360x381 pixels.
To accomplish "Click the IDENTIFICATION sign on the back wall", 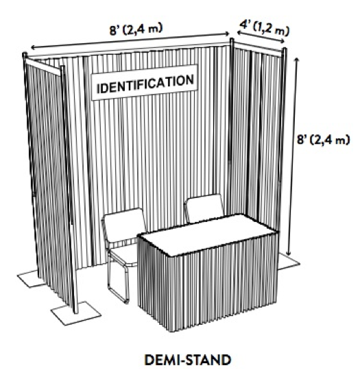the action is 144,82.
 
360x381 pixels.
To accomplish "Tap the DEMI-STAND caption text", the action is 187,360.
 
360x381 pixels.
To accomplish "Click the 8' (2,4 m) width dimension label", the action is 136,29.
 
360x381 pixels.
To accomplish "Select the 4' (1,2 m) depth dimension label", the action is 265,27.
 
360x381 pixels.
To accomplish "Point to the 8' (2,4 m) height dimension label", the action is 323,140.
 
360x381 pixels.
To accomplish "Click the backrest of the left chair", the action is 124,223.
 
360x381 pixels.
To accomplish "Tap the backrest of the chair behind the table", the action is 205,207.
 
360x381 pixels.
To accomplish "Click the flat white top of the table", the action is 208,234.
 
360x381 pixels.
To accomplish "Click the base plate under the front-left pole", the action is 76,313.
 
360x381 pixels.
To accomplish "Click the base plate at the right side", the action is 289,262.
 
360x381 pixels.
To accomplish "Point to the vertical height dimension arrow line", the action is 292,156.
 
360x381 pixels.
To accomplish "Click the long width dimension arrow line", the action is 130,41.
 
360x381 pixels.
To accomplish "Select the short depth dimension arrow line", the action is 261,37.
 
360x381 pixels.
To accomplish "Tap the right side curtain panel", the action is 256,136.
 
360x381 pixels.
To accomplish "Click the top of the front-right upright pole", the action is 284,49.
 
